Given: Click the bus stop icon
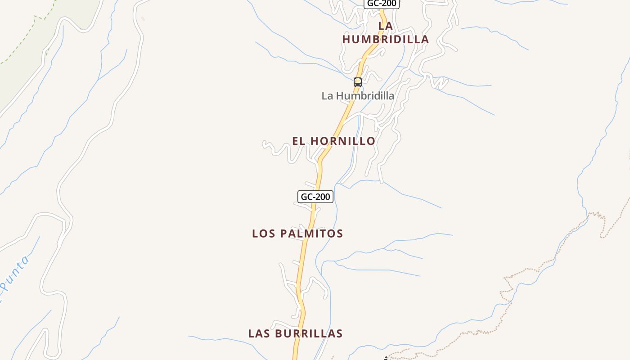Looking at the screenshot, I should pos(358,82).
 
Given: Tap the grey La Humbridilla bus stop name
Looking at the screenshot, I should pos(358,96).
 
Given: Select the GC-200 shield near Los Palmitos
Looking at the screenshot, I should pos(315,197).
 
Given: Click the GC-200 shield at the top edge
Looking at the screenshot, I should pos(381,4).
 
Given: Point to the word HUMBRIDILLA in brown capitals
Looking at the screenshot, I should pos(386,40).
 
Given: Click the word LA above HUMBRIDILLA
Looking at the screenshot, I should pos(386,26).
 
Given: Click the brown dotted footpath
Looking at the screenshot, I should pos(531,269).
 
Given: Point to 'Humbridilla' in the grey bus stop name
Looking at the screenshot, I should pos(365,96).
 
